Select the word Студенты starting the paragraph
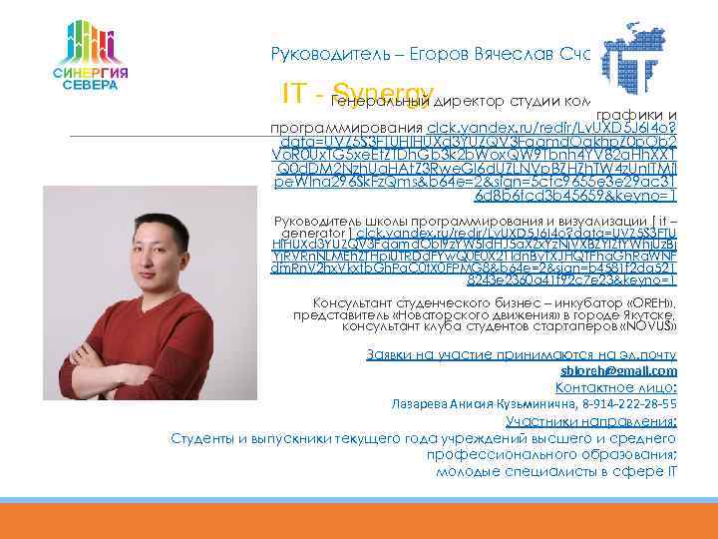click(202, 437)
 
